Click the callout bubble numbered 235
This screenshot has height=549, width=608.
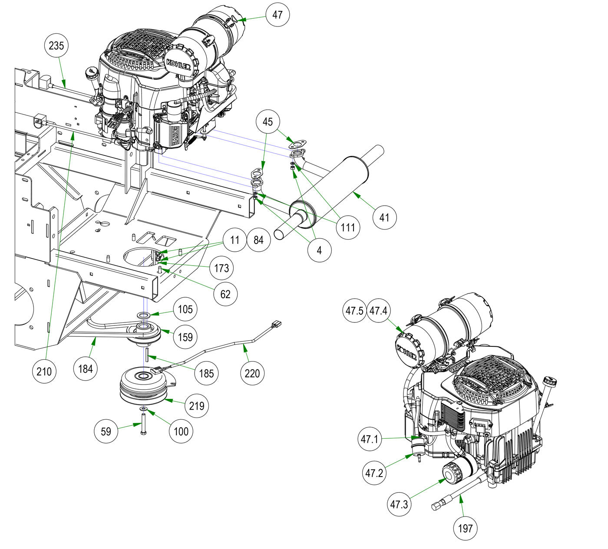(x=56, y=45)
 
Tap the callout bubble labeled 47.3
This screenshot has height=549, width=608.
(x=399, y=504)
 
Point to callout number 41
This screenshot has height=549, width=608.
(x=384, y=216)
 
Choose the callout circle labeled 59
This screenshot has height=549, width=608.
(x=106, y=431)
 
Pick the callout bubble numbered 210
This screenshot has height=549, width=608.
(x=44, y=371)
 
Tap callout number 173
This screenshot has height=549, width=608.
(x=221, y=268)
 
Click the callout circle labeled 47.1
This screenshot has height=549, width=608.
(x=370, y=439)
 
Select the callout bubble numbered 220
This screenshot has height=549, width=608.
(x=252, y=373)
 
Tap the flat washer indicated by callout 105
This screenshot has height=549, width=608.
(x=144, y=314)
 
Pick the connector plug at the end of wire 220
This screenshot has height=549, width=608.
(x=276, y=324)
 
